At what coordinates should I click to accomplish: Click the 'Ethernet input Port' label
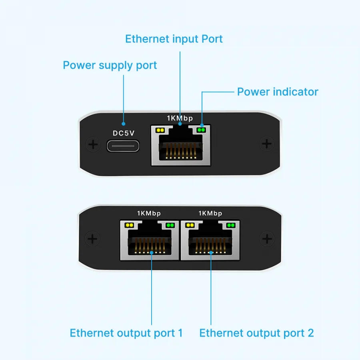[x=174, y=39]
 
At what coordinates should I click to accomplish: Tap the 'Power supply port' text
[x=110, y=66]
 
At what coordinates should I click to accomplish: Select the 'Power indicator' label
[x=278, y=92]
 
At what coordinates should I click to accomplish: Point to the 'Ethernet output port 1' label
[x=126, y=333]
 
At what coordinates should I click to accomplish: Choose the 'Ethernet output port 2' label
[x=256, y=333]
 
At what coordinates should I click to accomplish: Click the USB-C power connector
[x=123, y=146]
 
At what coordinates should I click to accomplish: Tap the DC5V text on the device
[x=124, y=133]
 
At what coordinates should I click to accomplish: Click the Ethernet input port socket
[x=181, y=145]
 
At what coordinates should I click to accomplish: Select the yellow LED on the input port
[x=160, y=130]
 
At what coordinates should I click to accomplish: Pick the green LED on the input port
[x=201, y=130]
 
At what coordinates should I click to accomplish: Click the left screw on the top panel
[x=93, y=144]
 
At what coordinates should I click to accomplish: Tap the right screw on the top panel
[x=266, y=144]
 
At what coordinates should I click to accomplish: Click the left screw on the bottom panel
[x=92, y=239]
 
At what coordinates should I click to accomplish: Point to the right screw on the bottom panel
[x=267, y=239]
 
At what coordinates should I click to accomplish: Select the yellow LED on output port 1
[x=129, y=225]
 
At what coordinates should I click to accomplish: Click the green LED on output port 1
[x=170, y=225]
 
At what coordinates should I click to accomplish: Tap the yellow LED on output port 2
[x=190, y=225]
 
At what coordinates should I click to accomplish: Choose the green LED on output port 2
[x=231, y=225]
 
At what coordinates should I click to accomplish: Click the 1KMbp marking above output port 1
[x=149, y=214]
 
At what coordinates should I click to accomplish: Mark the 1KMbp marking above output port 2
[x=210, y=214]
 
